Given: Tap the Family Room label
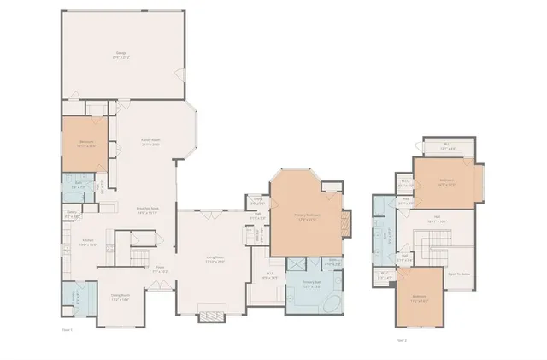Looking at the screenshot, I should tap(150, 142).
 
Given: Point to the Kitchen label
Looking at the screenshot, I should tap(87, 243).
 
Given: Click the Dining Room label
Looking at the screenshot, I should tap(119, 298).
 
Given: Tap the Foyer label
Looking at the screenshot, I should tap(159, 269).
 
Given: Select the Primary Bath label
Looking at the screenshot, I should tap(308, 286).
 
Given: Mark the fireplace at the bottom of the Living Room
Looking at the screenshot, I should tap(209, 316).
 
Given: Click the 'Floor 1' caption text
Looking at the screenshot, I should tap(68, 328).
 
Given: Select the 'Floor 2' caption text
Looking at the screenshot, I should tap(401, 339).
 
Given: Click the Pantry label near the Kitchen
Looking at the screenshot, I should tap(73, 215).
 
